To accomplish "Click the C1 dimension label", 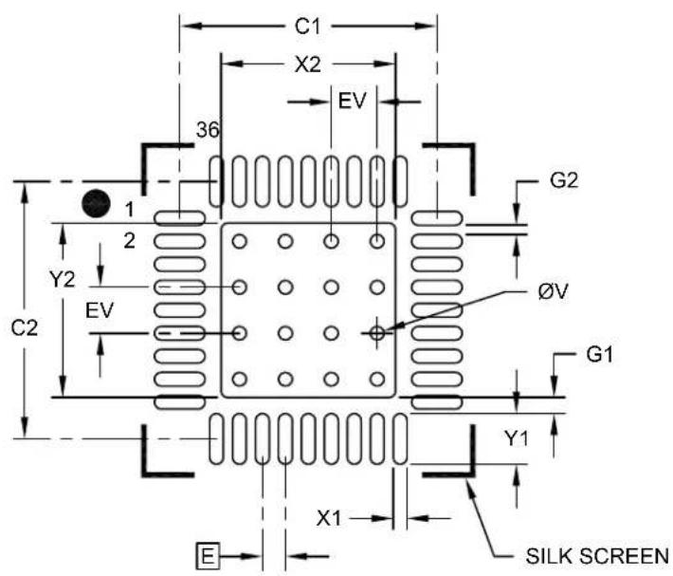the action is pos(307,27).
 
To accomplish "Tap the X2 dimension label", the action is pos(308,65).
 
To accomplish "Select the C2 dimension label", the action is pos(24,328).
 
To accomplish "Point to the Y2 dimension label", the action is pos(63,280).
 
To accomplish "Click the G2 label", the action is pos(564,180).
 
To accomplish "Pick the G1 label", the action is pos(600,355).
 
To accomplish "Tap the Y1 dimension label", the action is pos(516,438).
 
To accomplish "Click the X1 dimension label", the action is pos(328,518).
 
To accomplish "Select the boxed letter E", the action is pos(208,556).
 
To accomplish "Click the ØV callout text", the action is pos(553,292).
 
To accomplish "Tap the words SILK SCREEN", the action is pos(597,556).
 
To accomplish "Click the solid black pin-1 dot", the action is pos(96,203).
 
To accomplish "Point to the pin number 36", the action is pos(208,130).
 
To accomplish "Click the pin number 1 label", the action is pos(129,210).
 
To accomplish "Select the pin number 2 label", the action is pos(129,241).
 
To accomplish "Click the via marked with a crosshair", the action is pos(377,333).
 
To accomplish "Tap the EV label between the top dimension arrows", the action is pos(352,102).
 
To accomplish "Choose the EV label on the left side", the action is pos(100,310).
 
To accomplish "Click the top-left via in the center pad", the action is pos(240,241).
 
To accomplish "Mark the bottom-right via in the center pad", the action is pos(377,380).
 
